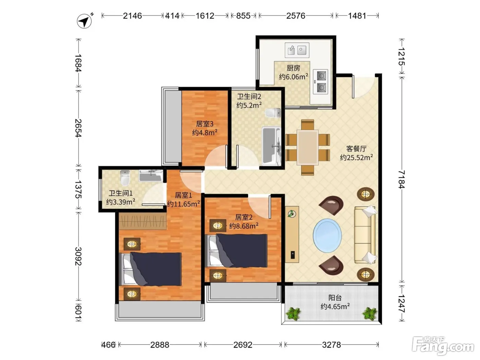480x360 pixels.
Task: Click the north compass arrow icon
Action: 84,21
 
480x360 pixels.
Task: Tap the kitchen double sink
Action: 297,50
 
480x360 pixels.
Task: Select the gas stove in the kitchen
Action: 320,82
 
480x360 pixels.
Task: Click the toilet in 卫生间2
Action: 273,113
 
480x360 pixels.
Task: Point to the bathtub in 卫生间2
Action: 271,146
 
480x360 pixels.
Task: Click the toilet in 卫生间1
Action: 125,178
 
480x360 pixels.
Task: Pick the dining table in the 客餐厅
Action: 307,147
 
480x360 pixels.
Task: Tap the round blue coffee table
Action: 327,236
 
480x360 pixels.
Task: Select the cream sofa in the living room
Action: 365,235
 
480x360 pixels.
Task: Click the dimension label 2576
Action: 296,16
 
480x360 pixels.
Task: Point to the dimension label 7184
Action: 401,179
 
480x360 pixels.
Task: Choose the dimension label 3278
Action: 331,345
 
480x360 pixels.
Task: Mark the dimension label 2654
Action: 78,128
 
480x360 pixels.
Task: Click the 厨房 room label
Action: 293,68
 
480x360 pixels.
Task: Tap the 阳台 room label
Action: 335,298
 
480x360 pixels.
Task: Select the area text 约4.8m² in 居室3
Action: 205,132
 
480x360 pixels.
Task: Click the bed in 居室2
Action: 236,251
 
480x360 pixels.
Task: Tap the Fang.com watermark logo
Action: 443,346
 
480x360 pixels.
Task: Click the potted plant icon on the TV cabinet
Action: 291,214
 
